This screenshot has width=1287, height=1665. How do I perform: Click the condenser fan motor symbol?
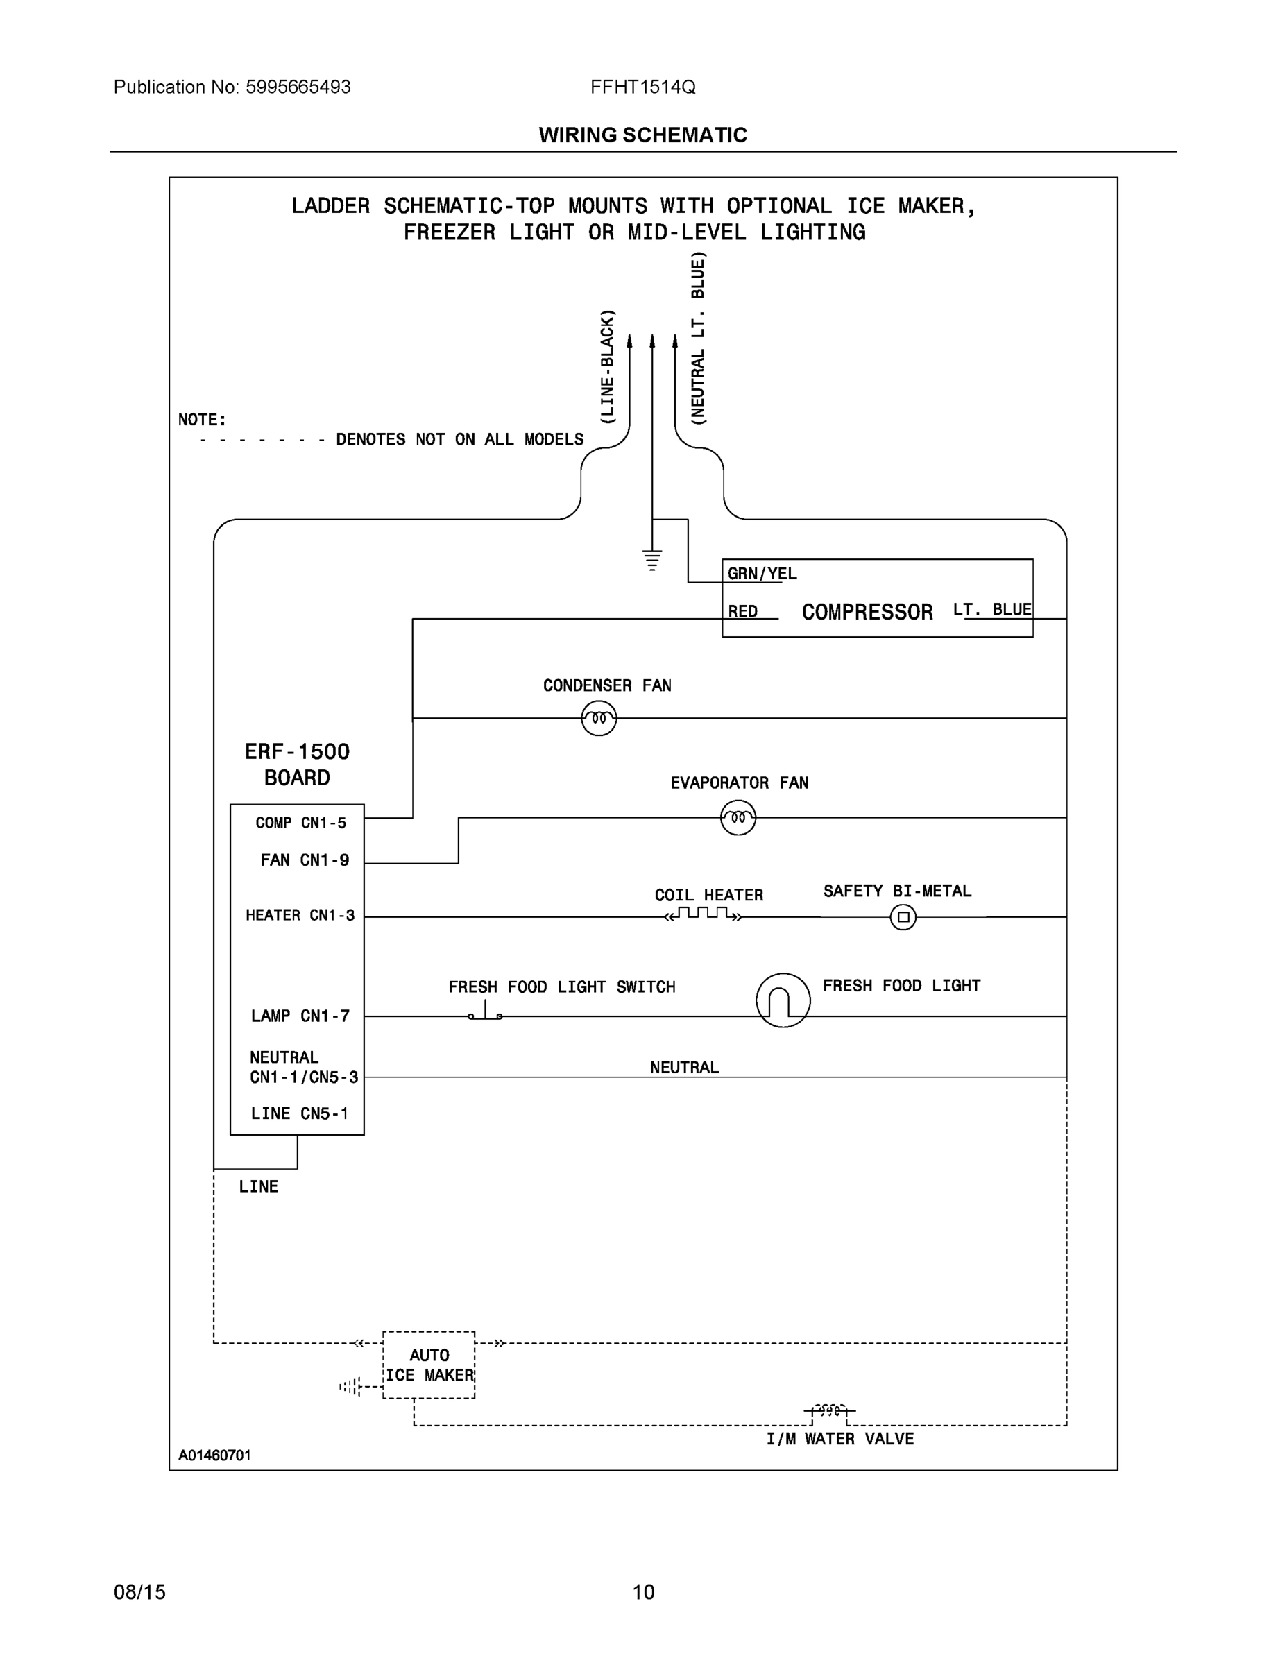(599, 718)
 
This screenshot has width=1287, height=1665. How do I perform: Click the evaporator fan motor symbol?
(738, 818)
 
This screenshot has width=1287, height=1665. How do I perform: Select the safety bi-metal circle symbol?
(903, 917)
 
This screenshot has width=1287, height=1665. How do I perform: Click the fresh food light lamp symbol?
(783, 1000)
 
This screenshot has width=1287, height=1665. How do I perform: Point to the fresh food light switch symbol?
(486, 1013)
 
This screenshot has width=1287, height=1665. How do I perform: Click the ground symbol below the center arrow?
(652, 560)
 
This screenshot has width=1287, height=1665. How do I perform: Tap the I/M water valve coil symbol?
(830, 1410)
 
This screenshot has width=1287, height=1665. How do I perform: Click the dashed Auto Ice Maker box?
(429, 1365)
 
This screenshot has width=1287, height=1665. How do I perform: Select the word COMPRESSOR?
(867, 612)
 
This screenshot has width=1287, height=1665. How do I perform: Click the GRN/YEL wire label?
(762, 574)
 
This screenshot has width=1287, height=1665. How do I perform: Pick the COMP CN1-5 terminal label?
(300, 823)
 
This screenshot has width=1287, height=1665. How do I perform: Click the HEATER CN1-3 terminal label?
(300, 915)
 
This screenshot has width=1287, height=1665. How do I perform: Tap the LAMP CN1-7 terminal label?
(300, 1016)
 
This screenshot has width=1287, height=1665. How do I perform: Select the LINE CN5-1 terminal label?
(299, 1113)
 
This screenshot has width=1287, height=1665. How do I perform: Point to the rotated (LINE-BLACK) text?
(607, 367)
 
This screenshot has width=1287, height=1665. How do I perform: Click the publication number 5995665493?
(298, 87)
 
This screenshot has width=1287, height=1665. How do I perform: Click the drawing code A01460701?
(214, 1455)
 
